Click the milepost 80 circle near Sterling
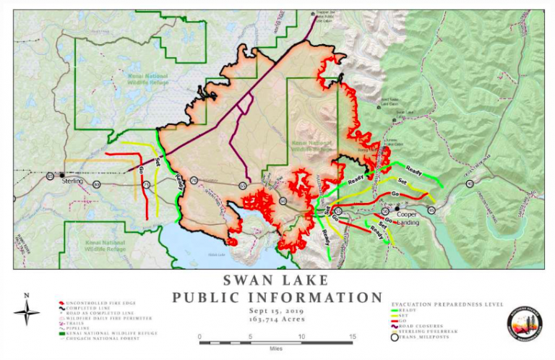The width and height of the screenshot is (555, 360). pyautogui.click(x=97, y=185)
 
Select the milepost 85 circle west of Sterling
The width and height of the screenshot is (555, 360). pyautogui.click(x=50, y=176)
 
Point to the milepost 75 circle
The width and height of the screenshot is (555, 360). pyautogui.click(x=146, y=185)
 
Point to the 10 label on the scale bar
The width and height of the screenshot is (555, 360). pyautogui.click(x=301, y=337)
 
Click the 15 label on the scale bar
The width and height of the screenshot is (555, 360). pyautogui.click(x=353, y=337)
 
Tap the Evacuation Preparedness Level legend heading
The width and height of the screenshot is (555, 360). pyautogui.click(x=444, y=305)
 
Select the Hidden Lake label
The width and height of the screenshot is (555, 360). pyautogui.click(x=216, y=255)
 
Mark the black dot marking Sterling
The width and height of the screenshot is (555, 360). pyautogui.click(x=62, y=174)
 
